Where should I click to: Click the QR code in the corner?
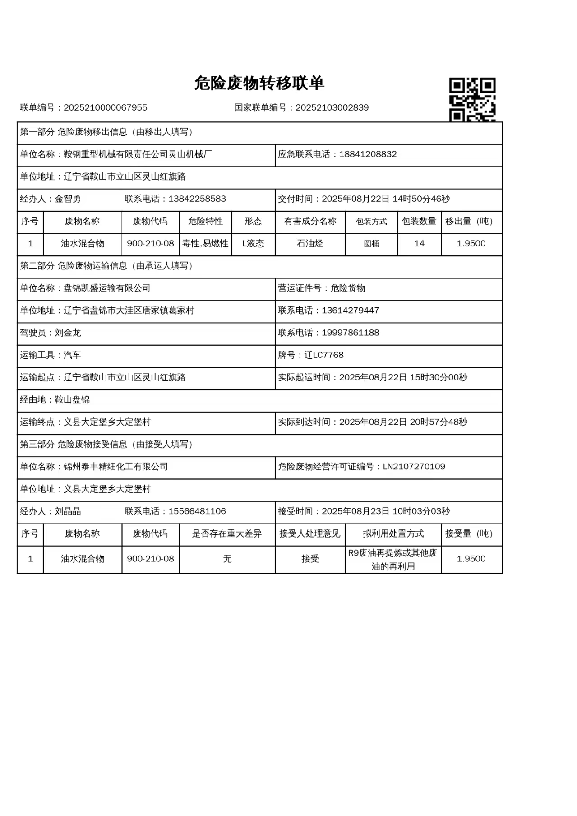pyautogui.click(x=472, y=100)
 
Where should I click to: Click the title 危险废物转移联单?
pyautogui.click(x=259, y=83)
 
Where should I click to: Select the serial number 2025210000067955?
pyautogui.click(x=105, y=108)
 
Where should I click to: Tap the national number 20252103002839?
pyautogui.click(x=332, y=108)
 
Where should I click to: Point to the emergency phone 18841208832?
pyautogui.click(x=368, y=154)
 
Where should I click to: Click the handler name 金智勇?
pyautogui.click(x=68, y=199)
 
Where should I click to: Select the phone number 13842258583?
pyautogui.click(x=197, y=199)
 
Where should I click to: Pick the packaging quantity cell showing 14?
pyautogui.click(x=419, y=244)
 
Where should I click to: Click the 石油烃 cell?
pyautogui.click(x=310, y=244)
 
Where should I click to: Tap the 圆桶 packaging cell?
pyautogui.click(x=371, y=244)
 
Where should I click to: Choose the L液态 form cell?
pyautogui.click(x=253, y=244)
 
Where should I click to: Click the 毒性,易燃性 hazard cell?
pyautogui.click(x=205, y=244)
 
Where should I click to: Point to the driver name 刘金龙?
pyautogui.click(x=68, y=333)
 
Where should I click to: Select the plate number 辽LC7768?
pyautogui.click(x=324, y=355)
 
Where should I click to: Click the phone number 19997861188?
pyautogui.click(x=350, y=333)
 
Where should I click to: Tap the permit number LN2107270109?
pyautogui.click(x=414, y=467)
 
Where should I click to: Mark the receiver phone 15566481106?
pyautogui.click(x=197, y=511)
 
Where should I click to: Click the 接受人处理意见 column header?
pyautogui.click(x=310, y=534)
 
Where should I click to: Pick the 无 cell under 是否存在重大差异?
pyautogui.click(x=227, y=559)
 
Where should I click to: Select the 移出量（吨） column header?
pyautogui.click(x=471, y=221)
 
